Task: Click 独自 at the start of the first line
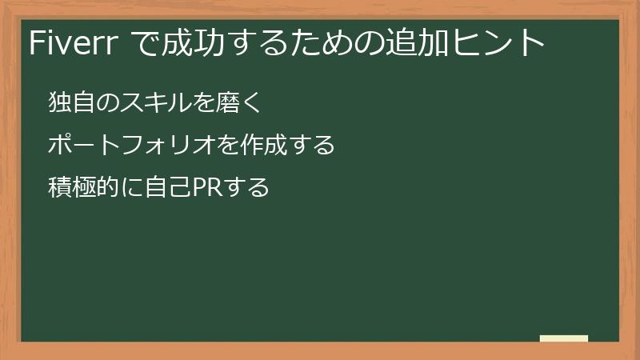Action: pyautogui.click(x=69, y=102)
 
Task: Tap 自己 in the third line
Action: pyautogui.click(x=163, y=188)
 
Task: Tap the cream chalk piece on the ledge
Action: pyautogui.click(x=564, y=338)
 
